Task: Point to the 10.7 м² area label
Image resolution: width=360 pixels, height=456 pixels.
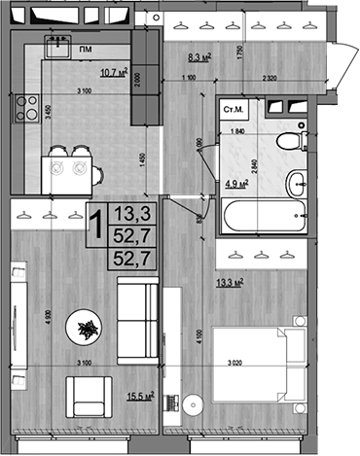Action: point(115,70)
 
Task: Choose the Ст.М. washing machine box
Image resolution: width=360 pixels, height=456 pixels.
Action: point(234,112)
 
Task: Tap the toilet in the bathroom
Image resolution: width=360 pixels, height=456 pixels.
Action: point(287,142)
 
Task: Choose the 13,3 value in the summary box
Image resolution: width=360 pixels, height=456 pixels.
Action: point(129,212)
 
